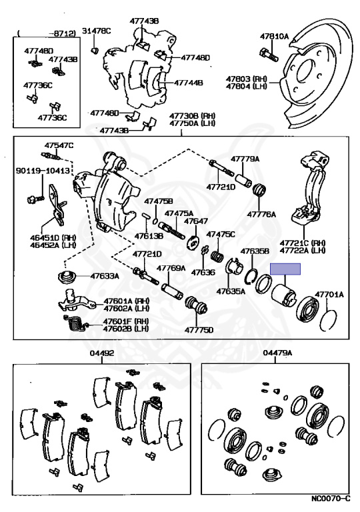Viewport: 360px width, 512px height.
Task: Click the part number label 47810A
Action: click(x=274, y=36)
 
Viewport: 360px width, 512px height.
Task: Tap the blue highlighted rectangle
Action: click(x=285, y=269)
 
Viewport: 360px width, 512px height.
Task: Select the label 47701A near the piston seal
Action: click(x=329, y=293)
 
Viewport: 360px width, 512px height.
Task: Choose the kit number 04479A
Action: click(x=278, y=354)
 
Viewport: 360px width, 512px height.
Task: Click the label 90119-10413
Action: click(x=42, y=171)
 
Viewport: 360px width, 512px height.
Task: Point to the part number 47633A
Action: click(x=104, y=275)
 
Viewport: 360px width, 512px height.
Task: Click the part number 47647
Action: click(x=196, y=221)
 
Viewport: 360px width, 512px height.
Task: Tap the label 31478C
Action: click(x=97, y=31)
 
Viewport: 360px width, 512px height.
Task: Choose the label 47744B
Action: click(x=189, y=84)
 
